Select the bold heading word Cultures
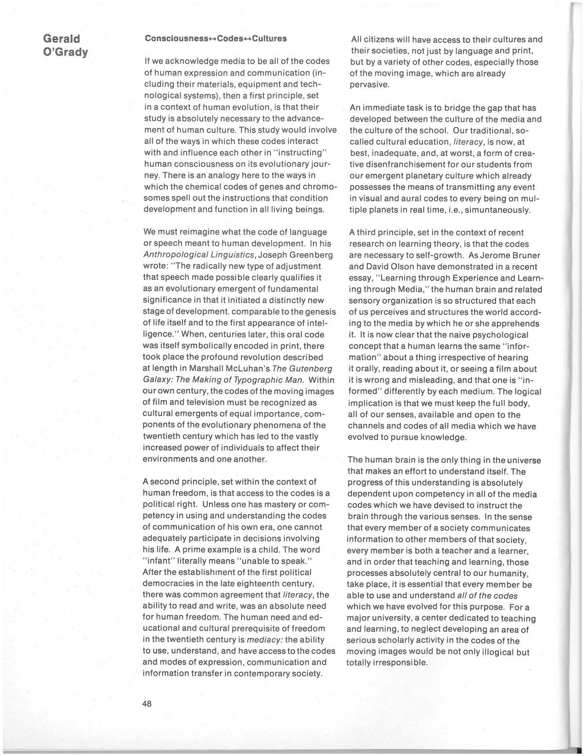(x=270, y=38)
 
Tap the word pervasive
(x=369, y=85)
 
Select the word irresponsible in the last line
(x=386, y=663)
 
